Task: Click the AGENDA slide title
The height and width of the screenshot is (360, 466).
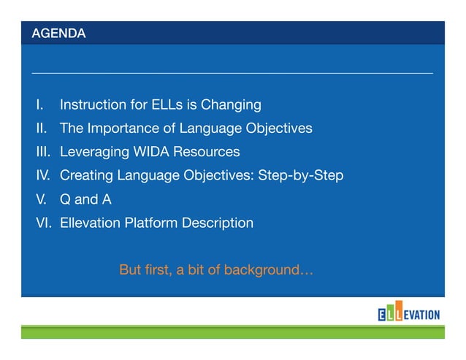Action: coord(58,34)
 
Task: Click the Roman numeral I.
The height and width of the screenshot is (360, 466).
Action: coord(39,105)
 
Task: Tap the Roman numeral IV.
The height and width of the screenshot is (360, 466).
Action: coord(43,176)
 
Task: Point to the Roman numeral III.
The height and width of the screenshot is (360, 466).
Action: coord(42,153)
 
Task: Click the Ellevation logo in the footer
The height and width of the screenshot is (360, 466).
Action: coord(408,315)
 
